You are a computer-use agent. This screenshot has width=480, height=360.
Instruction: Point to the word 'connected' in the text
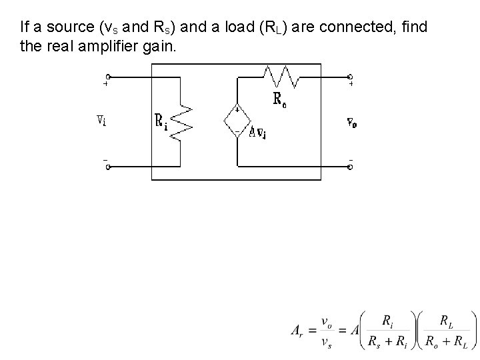[351, 28]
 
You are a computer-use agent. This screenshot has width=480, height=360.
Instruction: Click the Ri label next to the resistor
[161, 121]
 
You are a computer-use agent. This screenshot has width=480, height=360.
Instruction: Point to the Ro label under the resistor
[281, 99]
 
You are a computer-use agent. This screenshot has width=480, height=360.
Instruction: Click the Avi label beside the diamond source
[258, 132]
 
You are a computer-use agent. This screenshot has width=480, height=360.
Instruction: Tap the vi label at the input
[100, 121]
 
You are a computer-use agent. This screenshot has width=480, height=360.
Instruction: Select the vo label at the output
[351, 122]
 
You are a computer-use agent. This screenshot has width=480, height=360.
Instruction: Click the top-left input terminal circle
[108, 77]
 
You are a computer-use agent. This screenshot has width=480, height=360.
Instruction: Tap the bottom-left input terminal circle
[108, 166]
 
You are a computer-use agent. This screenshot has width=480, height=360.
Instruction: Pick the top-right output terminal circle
[351, 77]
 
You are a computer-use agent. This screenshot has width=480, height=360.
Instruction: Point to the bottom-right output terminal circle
[351, 166]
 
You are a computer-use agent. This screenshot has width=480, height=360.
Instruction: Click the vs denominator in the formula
[327, 343]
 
